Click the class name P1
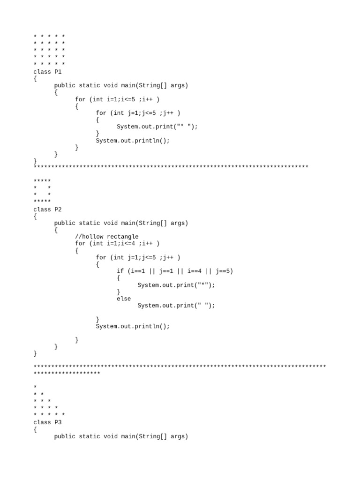pos(58,72)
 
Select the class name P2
pos(58,210)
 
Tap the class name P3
pos(58,422)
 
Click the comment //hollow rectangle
pos(106,237)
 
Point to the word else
pos(124,299)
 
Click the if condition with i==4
pos(175,271)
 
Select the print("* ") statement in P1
pos(157,127)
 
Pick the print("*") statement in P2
pos(176,285)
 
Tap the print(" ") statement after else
pos(176,306)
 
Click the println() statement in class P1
pos(133,140)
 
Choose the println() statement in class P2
pos(133,326)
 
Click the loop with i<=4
pos(117,243)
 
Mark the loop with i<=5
pos(117,99)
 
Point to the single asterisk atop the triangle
pos(35,387)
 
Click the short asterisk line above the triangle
pos(67,374)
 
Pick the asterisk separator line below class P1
pos(171,167)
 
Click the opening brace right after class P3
pos(35,429)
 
